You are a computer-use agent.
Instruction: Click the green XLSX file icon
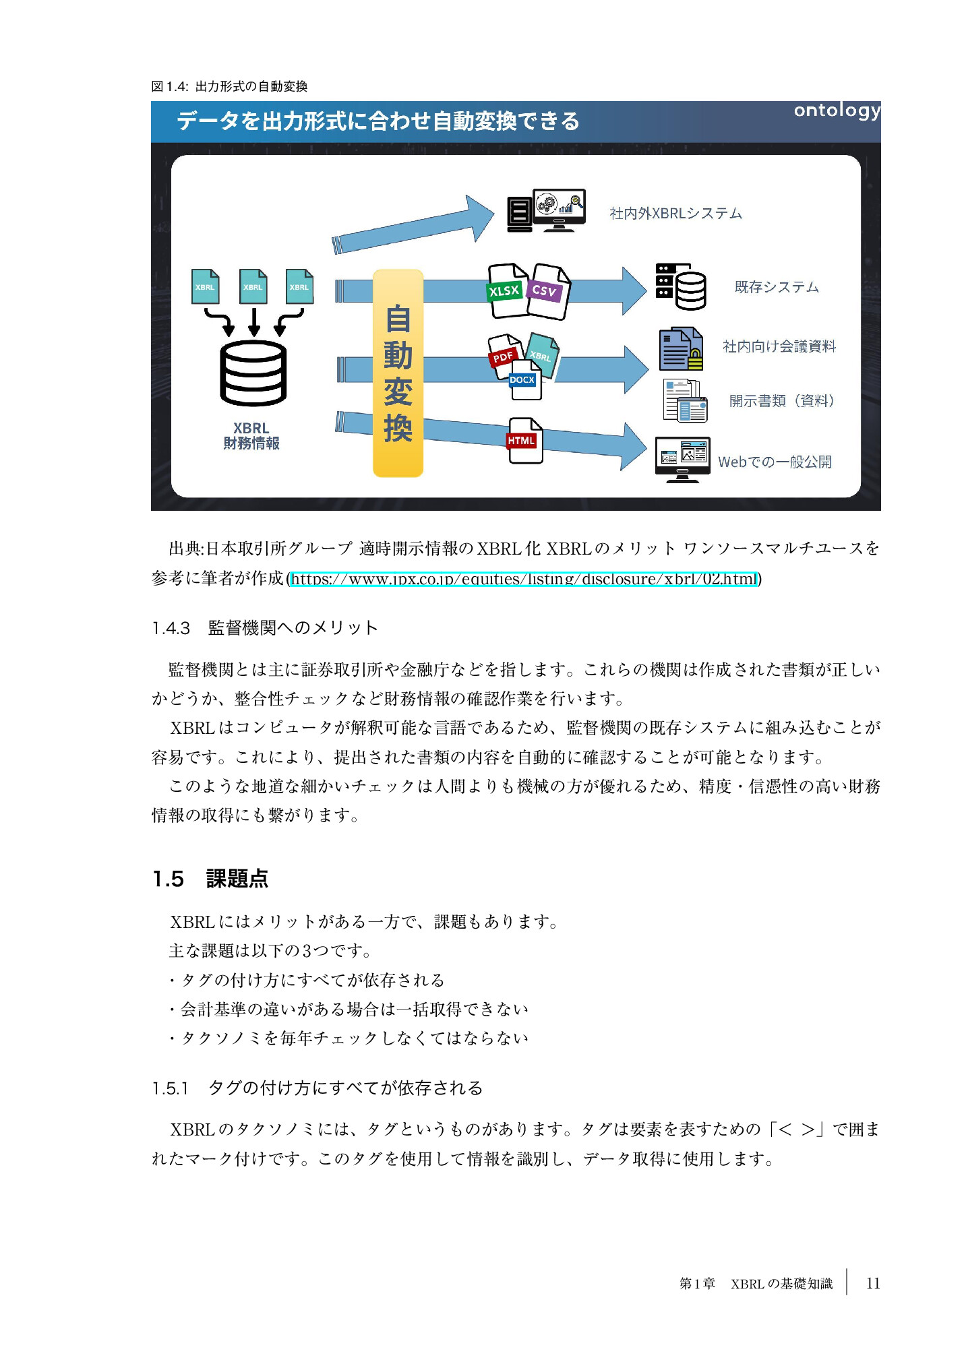point(506,290)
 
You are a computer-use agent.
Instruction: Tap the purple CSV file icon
point(547,291)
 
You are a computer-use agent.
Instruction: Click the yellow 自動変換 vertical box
point(398,373)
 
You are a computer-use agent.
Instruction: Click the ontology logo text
point(836,111)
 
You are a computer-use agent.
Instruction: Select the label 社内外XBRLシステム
point(675,214)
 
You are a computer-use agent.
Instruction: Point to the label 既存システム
point(777,287)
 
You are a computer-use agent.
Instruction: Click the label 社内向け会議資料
point(779,346)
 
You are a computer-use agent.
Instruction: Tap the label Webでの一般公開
point(775,462)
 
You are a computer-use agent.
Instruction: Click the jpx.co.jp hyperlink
point(524,579)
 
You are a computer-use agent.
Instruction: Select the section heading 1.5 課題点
point(210,879)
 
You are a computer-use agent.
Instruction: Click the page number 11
point(873,1283)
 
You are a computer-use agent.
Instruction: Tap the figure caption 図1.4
point(229,86)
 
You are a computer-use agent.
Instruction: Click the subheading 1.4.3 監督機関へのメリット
point(265,628)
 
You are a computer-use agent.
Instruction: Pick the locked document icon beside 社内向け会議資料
point(681,349)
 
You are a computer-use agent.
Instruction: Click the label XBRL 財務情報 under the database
point(251,436)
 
